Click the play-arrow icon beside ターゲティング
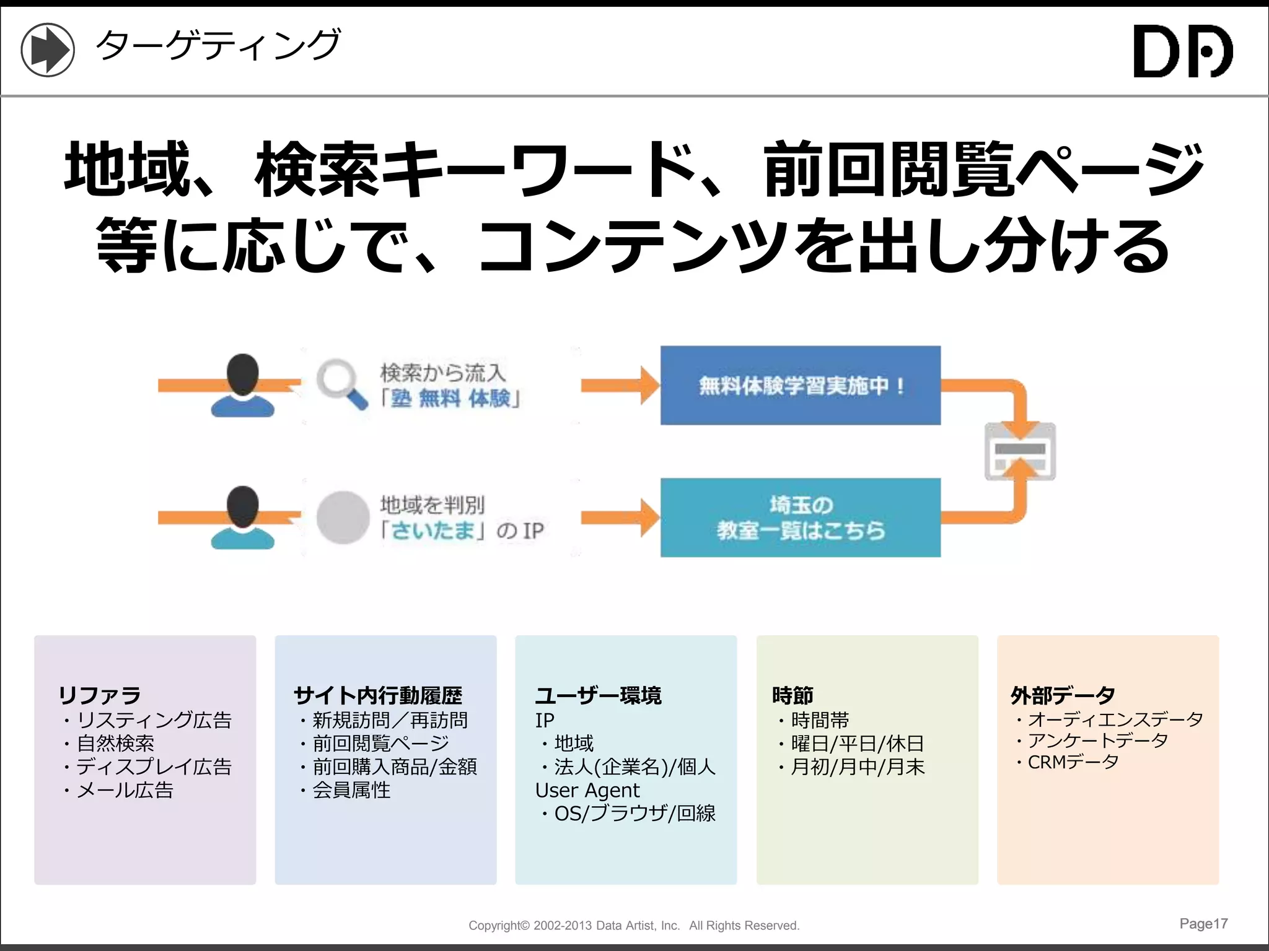48,50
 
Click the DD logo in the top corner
1182,51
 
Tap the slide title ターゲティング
217,45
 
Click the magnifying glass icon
341,383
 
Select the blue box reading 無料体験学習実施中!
800,385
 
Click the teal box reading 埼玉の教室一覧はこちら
800,518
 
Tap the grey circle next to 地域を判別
343,518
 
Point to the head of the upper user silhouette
242,373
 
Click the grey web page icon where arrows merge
1020,451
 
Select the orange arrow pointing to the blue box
620,385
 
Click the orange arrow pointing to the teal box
620,518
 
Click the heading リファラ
100,695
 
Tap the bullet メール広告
125,790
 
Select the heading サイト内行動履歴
378,695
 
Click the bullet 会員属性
351,790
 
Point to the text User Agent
587,790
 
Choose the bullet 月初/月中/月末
858,767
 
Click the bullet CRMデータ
1073,762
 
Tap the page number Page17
1203,924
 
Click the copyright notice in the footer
634,926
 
